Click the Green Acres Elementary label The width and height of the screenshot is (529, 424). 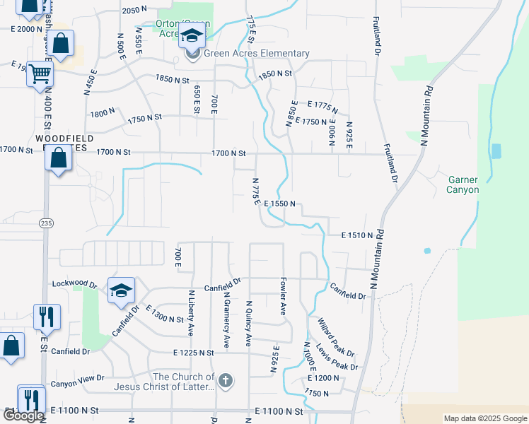point(256,53)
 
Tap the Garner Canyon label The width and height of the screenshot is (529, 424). point(463,185)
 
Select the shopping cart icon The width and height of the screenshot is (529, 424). point(40,73)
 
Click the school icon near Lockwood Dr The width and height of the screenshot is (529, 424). point(121,290)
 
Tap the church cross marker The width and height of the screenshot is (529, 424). point(225,382)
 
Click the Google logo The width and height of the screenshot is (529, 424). point(23,416)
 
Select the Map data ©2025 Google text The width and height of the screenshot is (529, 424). point(484,418)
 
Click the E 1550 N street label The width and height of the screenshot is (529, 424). point(284,204)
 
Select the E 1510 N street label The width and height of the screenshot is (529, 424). point(356,235)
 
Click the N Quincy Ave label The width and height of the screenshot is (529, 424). point(248,324)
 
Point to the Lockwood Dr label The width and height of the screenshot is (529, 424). point(74,284)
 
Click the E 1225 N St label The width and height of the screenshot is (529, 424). point(193,352)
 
